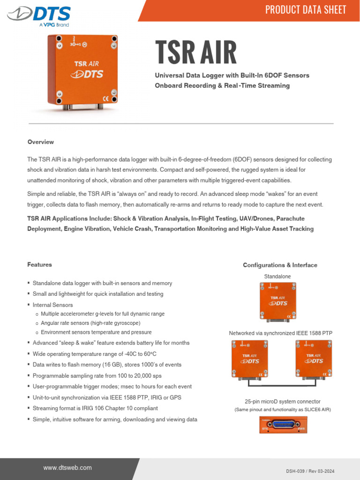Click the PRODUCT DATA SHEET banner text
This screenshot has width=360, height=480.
tap(306, 10)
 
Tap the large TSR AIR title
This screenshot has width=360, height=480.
tap(196, 52)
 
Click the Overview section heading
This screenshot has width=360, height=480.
tap(41, 142)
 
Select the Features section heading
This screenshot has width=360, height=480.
tap(39, 265)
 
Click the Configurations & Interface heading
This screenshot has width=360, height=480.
tap(280, 265)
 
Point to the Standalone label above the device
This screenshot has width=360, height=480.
tap(277, 277)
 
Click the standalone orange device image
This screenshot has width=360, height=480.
tap(278, 301)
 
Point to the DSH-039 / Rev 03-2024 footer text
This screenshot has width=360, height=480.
tap(310, 471)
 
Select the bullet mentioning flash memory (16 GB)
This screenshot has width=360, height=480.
tap(107, 365)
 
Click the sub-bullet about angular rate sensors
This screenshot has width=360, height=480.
tap(90, 323)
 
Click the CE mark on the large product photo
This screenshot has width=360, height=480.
tap(106, 98)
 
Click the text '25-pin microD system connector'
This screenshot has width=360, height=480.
tap(283, 402)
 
